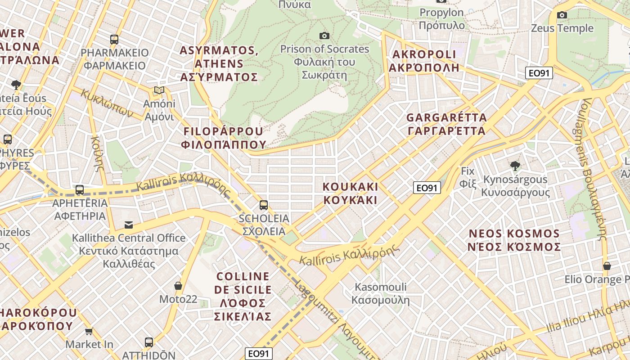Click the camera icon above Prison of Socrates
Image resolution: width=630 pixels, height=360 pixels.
point(324,36)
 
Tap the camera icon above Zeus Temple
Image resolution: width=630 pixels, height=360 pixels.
point(562,15)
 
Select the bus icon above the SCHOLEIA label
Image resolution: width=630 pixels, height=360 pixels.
point(264,205)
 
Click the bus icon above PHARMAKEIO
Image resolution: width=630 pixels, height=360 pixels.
point(114,40)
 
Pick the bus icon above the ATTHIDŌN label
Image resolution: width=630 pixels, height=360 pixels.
point(149,342)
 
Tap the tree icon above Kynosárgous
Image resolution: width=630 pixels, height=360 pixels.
point(515,166)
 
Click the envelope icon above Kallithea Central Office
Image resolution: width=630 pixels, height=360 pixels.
point(129,225)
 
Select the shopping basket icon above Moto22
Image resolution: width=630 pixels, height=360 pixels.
point(178,286)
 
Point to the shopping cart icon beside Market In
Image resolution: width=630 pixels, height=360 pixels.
point(89,332)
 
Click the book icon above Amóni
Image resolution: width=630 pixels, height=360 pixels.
point(159,90)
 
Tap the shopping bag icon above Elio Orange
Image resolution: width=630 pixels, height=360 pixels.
point(607,266)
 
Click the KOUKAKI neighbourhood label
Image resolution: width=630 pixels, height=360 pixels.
point(351,193)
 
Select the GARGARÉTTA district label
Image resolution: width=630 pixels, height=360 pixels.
point(446,124)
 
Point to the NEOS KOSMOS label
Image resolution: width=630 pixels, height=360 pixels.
point(514,240)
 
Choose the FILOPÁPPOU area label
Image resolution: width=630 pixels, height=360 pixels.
point(223,138)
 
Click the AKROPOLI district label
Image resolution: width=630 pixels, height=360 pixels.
point(425,61)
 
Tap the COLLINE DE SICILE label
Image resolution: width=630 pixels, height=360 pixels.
point(243,296)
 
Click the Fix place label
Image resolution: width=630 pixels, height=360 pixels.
point(468,177)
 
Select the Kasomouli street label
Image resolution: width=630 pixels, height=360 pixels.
point(381,293)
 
